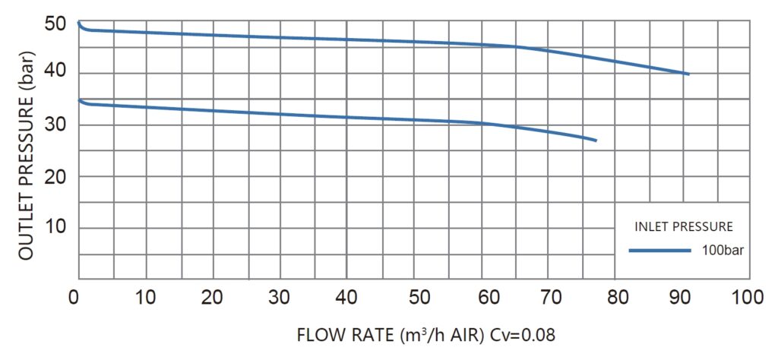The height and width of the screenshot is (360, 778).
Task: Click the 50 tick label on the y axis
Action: pos(57,23)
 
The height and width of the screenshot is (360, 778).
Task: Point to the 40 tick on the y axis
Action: pos(57,74)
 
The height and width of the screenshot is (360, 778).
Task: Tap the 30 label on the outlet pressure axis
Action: pos(57,125)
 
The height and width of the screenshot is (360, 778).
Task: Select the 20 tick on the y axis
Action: pos(57,177)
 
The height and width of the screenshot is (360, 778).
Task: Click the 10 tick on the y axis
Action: pos(57,228)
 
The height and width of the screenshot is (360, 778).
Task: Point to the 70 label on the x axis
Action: pos(552,297)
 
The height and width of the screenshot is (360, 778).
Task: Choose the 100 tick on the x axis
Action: pos(750,297)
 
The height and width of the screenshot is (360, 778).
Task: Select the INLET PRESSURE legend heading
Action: pos(683,226)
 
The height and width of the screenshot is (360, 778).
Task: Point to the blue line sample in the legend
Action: pos(659,250)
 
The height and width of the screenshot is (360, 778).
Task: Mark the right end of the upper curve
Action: pos(688,74)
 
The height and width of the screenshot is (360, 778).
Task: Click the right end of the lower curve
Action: pos(596,141)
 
